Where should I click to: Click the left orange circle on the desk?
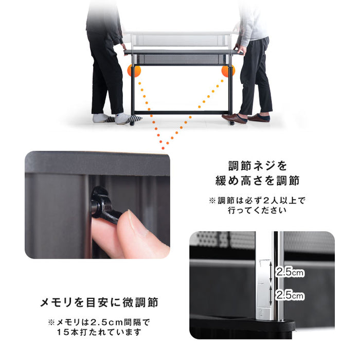pos(134,71)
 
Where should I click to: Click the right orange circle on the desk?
pos(228,71)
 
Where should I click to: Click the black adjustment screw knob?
pos(102,204)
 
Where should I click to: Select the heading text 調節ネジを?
pos(258,167)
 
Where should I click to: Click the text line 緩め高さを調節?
pos(258,181)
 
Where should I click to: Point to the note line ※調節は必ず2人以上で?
pos(260,201)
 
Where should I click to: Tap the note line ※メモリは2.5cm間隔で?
pos(99,322)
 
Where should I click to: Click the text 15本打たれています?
pos(99,332)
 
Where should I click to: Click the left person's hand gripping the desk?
pos(124,47)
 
